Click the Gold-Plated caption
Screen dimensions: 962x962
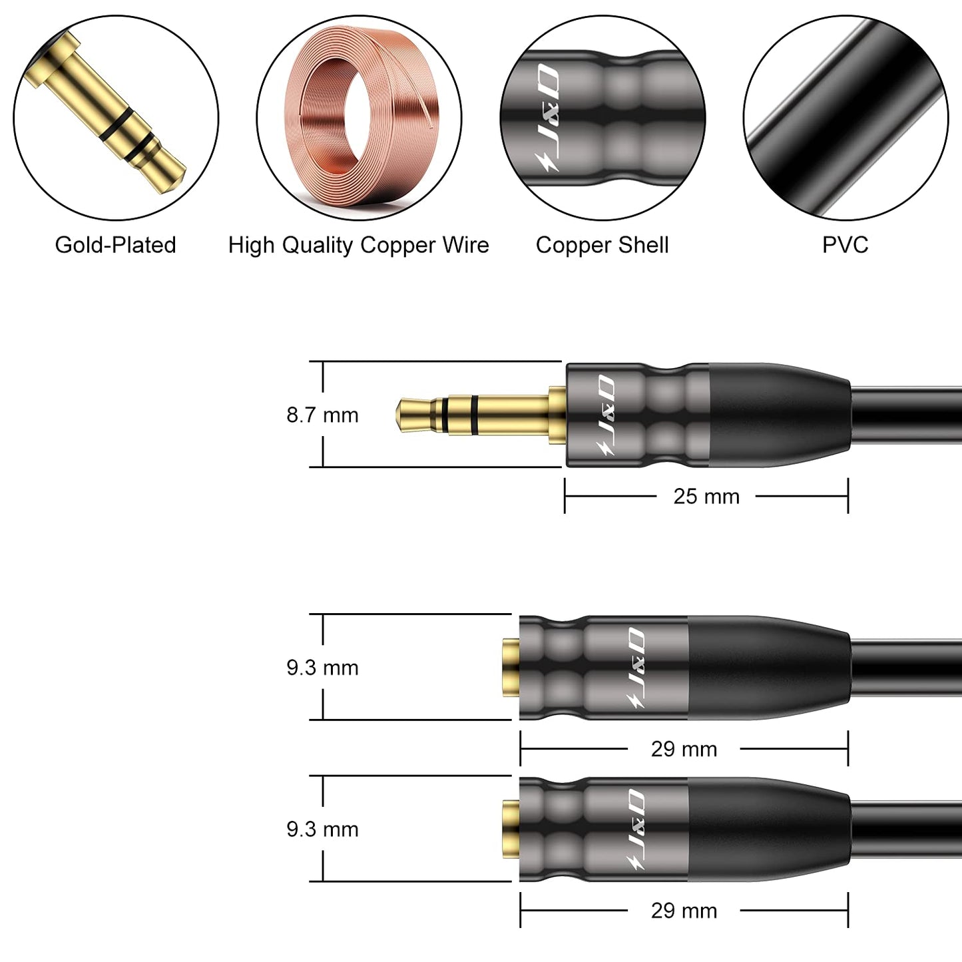pos(115,245)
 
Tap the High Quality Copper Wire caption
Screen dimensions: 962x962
pos(358,245)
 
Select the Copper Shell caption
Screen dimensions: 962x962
pos(602,245)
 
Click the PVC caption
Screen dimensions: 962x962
pos(845,245)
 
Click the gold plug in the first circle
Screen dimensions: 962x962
pos(113,113)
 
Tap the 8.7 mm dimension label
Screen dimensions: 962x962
pos(322,415)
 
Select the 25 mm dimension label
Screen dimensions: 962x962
pos(706,497)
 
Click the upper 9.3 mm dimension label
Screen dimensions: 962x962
pos(322,668)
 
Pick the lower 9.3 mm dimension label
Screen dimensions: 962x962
pos(322,830)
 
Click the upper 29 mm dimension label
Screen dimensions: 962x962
pos(684,750)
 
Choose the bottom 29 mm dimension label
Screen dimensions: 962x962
pos(684,911)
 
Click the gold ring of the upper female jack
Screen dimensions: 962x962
pos(511,667)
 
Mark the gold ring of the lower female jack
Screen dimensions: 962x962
pos(511,829)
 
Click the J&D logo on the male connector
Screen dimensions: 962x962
pos(606,415)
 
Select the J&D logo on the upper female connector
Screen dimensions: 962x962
pos(636,667)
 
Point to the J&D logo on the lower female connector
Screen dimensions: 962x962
pos(636,830)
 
